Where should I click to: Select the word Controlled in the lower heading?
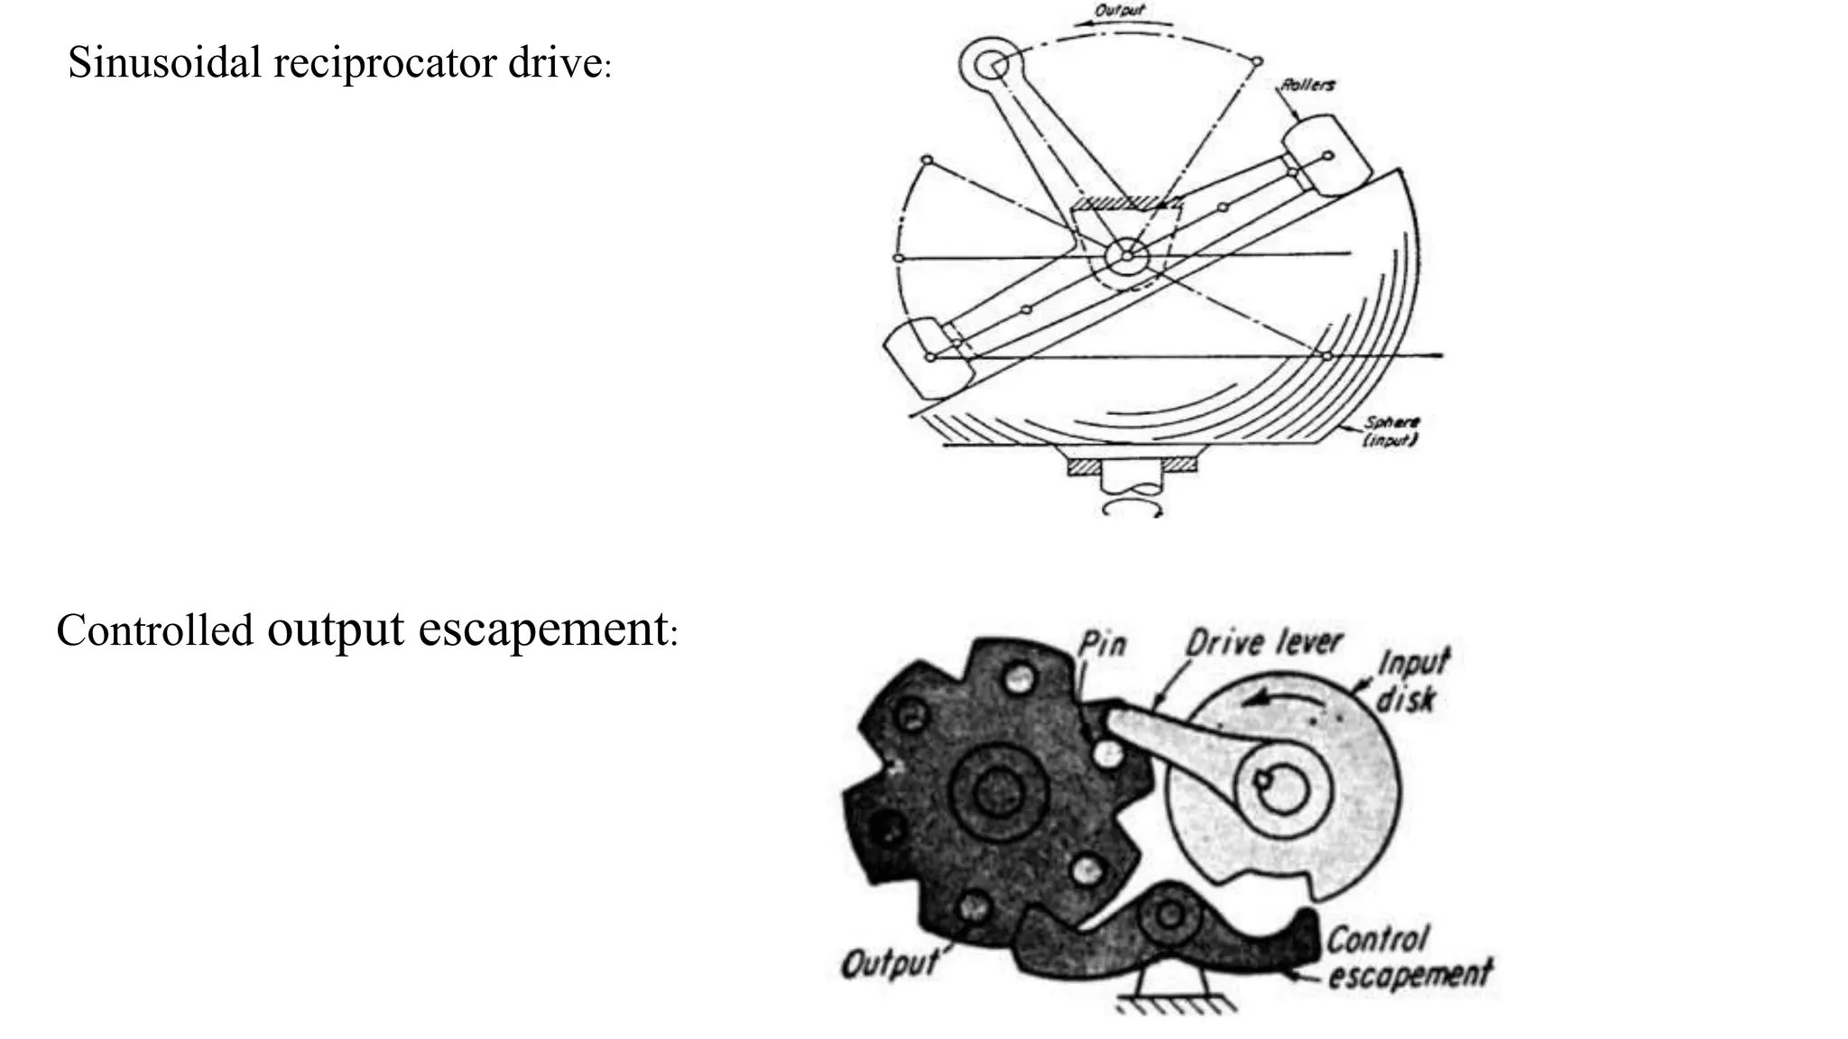click(x=154, y=630)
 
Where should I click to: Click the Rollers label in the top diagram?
click(x=1308, y=85)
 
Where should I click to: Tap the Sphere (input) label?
click(x=1391, y=431)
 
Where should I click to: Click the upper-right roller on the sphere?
click(x=1320, y=155)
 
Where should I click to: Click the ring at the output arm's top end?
click(x=988, y=63)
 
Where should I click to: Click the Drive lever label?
click(x=1263, y=643)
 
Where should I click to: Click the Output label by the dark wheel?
click(x=889, y=964)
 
